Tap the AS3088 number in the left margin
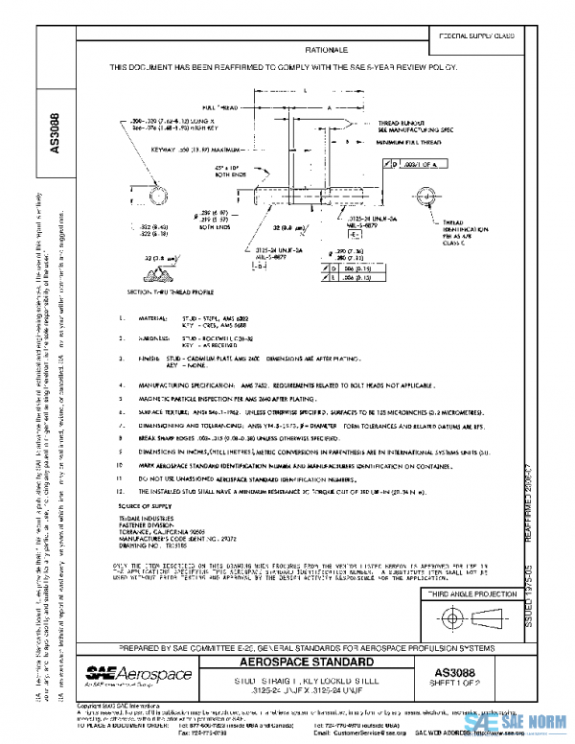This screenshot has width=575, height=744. [55, 132]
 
